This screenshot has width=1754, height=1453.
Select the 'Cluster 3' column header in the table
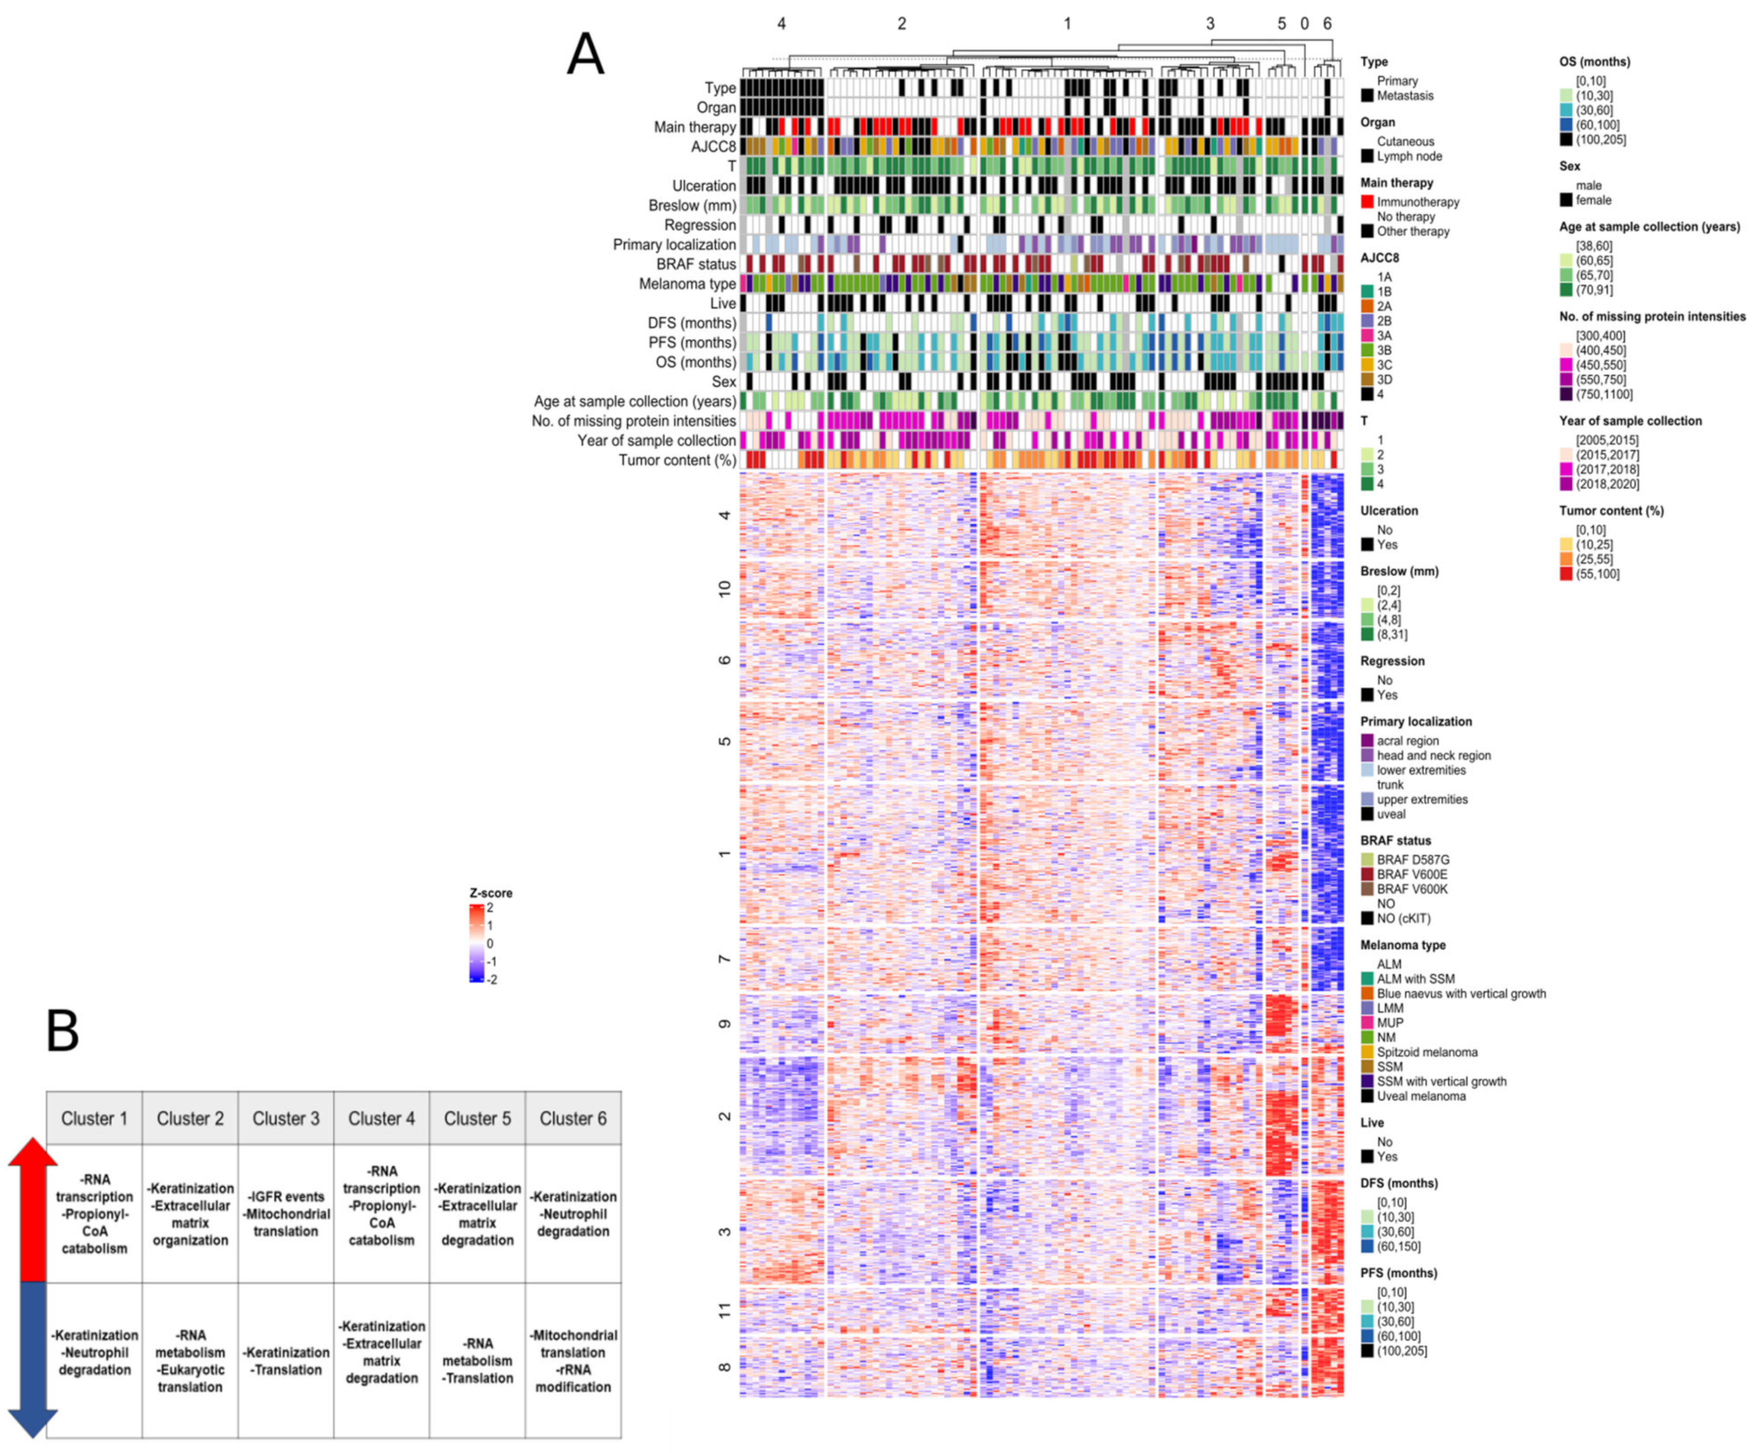pos(286,1118)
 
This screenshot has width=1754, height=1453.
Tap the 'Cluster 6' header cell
pos(573,1118)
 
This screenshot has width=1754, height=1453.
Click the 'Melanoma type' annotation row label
pos(687,284)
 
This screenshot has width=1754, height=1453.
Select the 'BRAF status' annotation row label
pos(696,264)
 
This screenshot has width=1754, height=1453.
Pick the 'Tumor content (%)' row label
pos(677,460)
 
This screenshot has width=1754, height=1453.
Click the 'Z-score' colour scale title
pos(491,892)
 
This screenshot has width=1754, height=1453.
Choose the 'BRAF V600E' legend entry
pos(1411,874)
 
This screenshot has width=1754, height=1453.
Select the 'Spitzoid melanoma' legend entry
pos(1426,1052)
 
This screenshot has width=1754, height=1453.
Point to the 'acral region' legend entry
pos(1407,740)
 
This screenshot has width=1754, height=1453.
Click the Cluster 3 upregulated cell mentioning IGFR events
pos(286,1214)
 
